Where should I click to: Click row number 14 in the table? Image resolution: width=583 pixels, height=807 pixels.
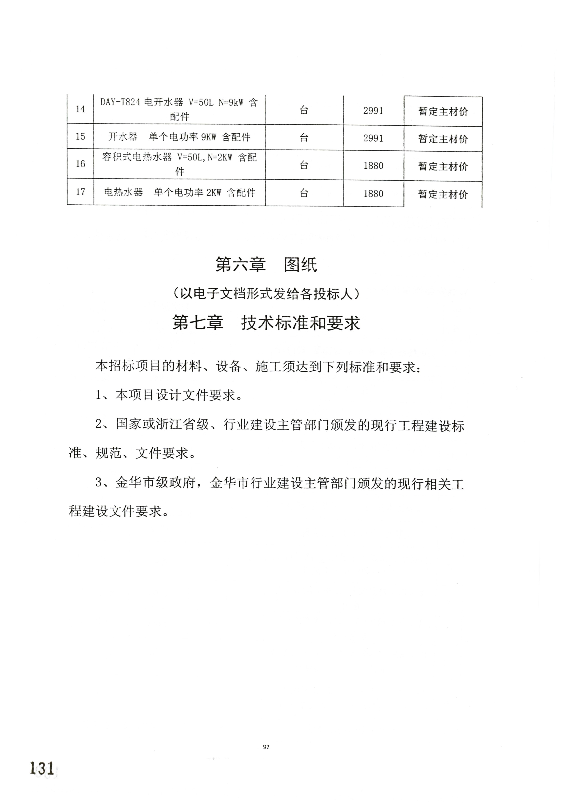[81, 109]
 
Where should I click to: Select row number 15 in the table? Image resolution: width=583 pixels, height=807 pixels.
[81, 137]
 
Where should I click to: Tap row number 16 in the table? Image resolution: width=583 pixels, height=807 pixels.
[81, 164]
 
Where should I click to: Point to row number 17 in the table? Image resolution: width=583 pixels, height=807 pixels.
[81, 192]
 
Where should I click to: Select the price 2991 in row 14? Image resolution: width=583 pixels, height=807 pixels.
[373, 111]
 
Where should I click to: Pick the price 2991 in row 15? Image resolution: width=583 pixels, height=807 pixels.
[373, 138]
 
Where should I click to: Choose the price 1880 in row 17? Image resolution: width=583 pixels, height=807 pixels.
[373, 194]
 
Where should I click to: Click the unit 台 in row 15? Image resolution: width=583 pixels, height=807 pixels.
[304, 138]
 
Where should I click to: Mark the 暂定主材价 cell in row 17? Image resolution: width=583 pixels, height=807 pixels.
[443, 194]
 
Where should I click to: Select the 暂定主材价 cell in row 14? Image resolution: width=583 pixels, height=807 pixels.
[443, 111]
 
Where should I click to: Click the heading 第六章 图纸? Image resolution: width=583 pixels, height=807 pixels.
[266, 265]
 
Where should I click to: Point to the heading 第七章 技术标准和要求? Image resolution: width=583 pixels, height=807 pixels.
[266, 323]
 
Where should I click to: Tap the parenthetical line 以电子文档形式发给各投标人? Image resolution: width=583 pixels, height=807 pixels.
[266, 294]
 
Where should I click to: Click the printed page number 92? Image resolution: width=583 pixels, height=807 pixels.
[266, 747]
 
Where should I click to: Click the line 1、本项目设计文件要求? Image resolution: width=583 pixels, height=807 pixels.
[169, 395]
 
